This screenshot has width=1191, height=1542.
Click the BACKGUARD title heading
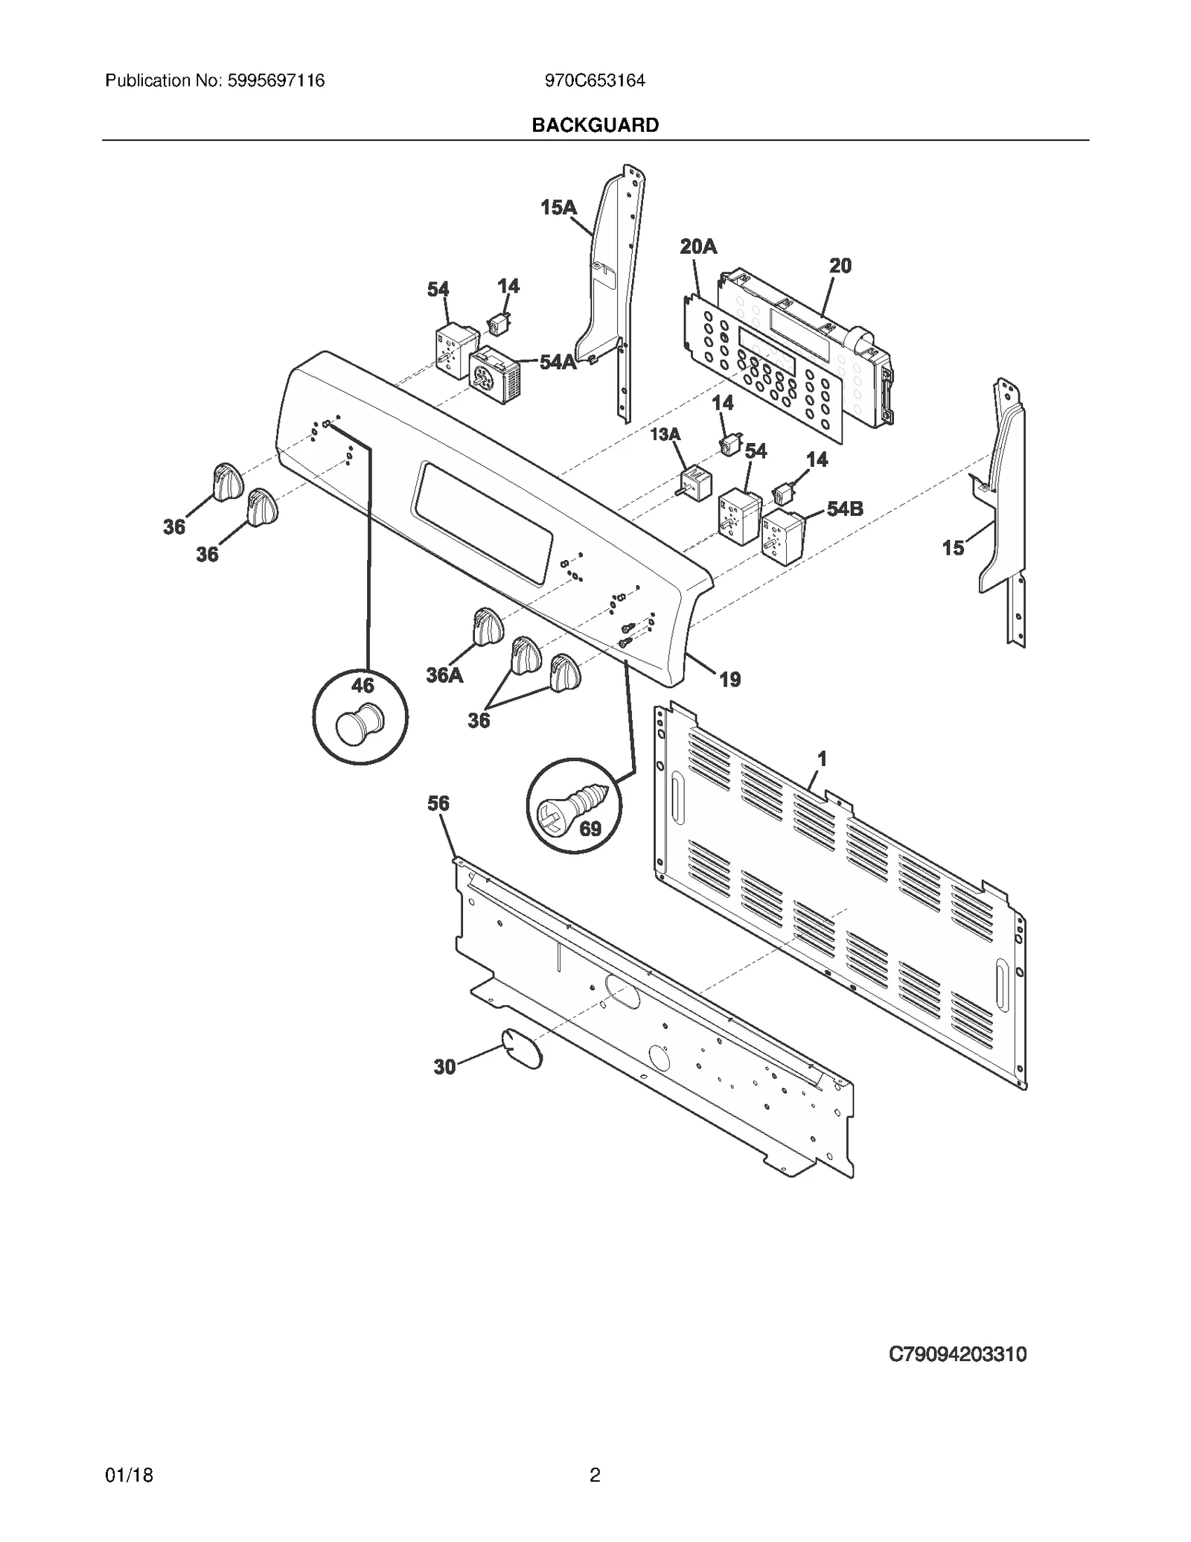click(595, 125)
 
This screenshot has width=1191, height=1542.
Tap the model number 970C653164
click(595, 80)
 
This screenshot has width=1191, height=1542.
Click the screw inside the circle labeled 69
click(577, 803)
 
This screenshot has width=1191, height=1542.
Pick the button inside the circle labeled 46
click(359, 724)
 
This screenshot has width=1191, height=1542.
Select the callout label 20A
click(697, 246)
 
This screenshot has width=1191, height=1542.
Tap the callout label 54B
click(845, 509)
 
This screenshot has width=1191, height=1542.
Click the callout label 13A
click(665, 434)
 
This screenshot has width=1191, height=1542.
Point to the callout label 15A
click(558, 208)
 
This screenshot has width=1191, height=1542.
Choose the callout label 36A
click(444, 675)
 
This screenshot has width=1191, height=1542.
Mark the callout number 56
click(438, 803)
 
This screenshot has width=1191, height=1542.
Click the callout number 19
click(730, 679)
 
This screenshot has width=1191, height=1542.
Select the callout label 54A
click(558, 363)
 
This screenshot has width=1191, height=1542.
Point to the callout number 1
click(822, 759)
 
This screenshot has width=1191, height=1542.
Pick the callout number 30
click(444, 1067)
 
